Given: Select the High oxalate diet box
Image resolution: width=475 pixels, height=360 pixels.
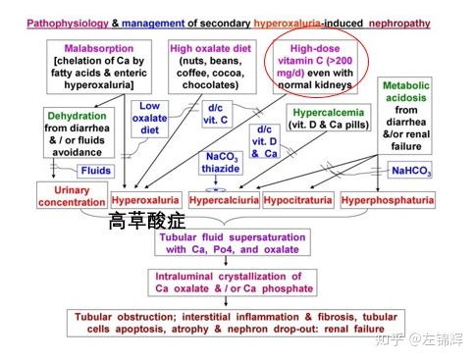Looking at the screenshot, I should [x=211, y=67].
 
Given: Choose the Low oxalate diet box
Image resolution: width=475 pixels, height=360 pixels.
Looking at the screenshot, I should [x=150, y=118].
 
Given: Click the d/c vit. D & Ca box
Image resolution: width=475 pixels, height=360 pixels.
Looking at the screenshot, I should [x=263, y=141].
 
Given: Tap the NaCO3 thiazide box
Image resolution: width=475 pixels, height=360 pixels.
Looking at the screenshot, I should [x=222, y=163].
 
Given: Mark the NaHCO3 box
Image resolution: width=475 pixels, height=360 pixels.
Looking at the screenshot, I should [x=410, y=171].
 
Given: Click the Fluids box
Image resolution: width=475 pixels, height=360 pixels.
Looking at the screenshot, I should [x=95, y=170].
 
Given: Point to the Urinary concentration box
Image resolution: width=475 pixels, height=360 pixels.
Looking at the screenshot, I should [x=71, y=195].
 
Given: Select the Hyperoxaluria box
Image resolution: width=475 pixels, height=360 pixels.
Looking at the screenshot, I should [x=144, y=199].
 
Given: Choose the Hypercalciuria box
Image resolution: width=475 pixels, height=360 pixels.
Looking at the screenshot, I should [x=224, y=199].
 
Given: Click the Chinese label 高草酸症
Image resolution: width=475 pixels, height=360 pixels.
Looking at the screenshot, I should [x=147, y=222].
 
